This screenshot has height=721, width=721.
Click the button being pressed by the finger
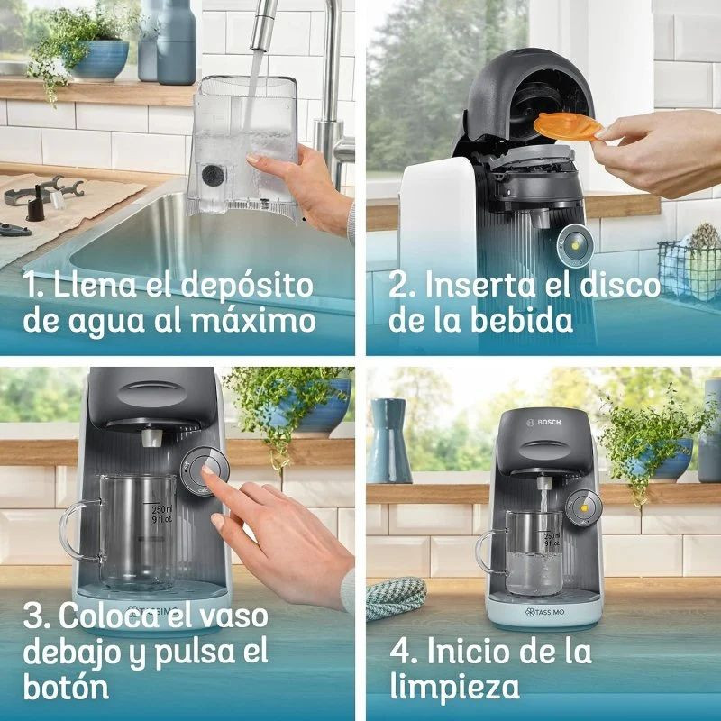click(204, 470)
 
